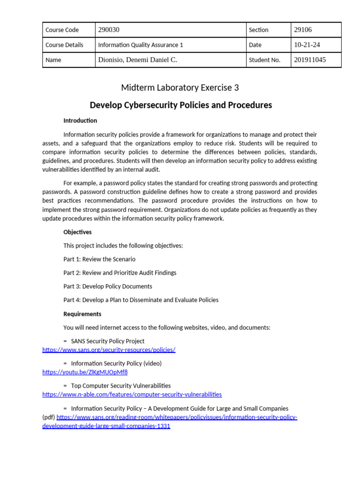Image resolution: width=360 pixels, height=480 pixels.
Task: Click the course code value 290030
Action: click(109, 30)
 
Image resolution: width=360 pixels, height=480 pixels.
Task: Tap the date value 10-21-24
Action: click(307, 45)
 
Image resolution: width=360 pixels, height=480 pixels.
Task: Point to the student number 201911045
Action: click(310, 60)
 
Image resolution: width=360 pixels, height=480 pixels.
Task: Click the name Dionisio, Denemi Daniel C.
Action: click(137, 60)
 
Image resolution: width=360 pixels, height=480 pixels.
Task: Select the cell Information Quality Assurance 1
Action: click(140, 45)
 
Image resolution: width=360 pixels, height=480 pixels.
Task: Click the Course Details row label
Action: click(64, 45)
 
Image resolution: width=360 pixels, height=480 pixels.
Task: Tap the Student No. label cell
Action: click(264, 60)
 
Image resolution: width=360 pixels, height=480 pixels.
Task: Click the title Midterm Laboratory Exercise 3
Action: click(180, 88)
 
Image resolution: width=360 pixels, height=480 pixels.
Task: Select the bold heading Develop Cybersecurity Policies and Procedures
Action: click(180, 105)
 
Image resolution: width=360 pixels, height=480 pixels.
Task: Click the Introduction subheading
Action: click(80, 120)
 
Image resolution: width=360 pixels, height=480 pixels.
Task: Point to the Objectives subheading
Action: click(77, 232)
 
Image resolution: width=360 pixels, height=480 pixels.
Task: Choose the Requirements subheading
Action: click(82, 314)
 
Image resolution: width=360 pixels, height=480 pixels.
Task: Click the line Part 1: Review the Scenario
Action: click(99, 259)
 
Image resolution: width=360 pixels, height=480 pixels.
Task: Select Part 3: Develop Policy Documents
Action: click(107, 286)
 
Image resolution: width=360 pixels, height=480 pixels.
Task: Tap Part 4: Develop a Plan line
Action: click(141, 300)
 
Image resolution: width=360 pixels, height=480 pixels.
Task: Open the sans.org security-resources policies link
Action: click(109, 350)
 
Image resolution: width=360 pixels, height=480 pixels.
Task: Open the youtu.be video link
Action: click(85, 372)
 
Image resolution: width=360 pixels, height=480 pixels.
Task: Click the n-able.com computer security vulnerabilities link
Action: click(132, 395)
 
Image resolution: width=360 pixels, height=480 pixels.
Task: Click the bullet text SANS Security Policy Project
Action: click(107, 341)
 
